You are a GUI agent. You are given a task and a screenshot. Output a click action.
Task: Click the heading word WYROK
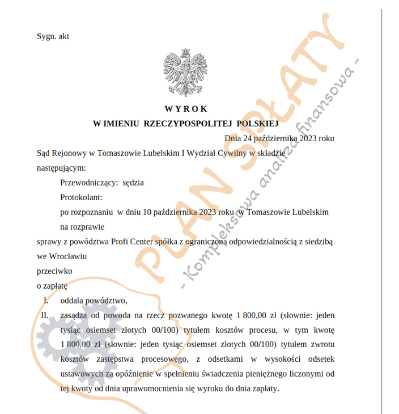[x=186, y=109]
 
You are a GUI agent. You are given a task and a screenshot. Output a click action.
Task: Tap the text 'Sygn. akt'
[x=53, y=36]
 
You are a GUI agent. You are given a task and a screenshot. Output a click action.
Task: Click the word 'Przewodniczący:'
[x=89, y=183]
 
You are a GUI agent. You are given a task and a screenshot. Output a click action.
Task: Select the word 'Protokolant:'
[x=80, y=197]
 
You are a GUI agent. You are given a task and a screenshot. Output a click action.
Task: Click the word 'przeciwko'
[x=54, y=271]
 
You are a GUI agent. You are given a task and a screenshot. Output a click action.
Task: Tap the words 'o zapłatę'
[x=52, y=286]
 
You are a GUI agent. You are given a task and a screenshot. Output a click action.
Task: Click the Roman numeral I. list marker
[x=46, y=301]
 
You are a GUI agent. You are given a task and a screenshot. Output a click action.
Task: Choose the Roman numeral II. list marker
[x=44, y=315]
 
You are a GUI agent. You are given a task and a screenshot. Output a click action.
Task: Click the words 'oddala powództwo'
[x=90, y=301]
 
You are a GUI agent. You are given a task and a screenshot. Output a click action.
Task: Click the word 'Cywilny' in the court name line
[x=230, y=153]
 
